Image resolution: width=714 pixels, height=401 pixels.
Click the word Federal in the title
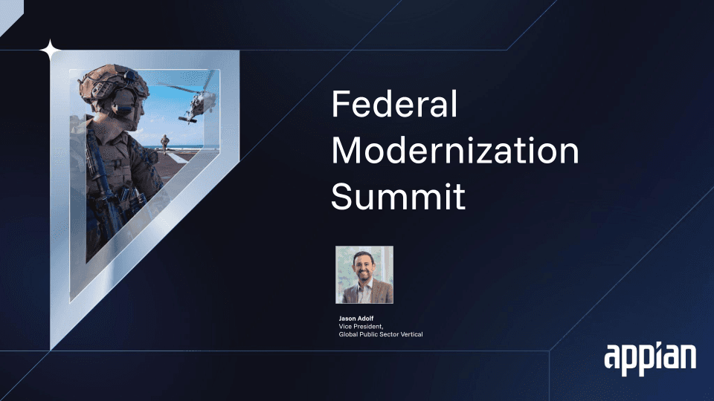(x=394, y=104)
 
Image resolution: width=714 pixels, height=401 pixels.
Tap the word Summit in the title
(x=399, y=196)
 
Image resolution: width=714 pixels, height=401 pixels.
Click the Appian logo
(x=650, y=359)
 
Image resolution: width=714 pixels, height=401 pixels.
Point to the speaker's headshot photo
(x=364, y=275)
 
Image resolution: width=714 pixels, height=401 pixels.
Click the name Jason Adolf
(x=356, y=319)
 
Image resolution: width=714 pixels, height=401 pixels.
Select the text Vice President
(x=361, y=327)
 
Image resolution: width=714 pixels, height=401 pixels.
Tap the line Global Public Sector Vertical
(x=381, y=334)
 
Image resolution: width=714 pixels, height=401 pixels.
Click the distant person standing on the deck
(x=164, y=144)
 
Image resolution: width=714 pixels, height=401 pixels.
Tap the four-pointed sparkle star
(x=50, y=50)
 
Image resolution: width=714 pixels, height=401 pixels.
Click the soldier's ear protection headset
(x=123, y=102)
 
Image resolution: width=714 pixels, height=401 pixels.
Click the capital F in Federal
(x=340, y=104)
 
